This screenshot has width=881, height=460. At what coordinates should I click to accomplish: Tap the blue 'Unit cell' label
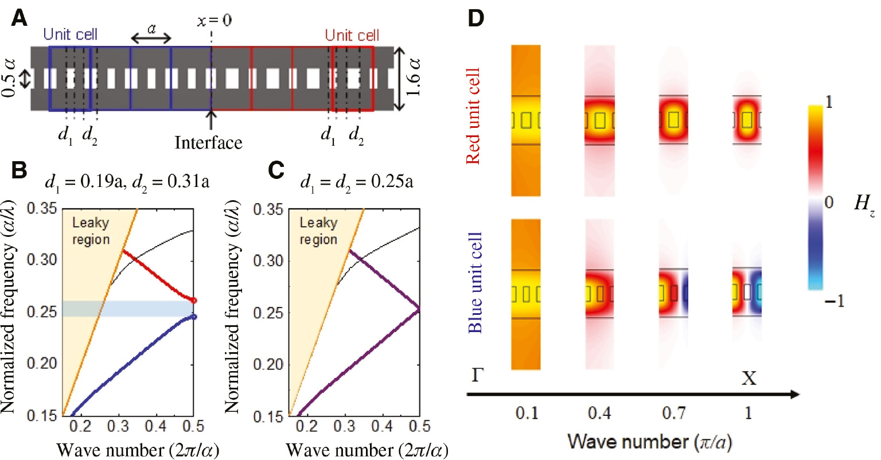71,34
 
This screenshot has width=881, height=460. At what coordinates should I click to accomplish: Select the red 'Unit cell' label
352,35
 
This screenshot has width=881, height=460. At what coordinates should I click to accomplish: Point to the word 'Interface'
208,142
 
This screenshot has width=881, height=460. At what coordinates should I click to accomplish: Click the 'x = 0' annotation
215,21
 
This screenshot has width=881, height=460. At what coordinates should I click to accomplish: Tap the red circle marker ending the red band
194,300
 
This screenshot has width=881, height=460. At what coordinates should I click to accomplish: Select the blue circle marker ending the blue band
194,317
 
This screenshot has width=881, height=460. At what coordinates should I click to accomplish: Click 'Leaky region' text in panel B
91,231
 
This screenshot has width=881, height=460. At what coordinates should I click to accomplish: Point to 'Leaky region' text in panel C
319,231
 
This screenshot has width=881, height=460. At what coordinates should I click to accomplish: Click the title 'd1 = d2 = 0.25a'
356,182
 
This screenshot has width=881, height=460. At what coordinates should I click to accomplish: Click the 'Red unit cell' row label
473,116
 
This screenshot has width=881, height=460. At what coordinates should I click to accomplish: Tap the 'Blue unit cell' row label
475,283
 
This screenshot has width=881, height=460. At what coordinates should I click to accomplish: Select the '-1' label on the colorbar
835,301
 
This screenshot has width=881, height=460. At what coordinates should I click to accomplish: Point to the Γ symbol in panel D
477,376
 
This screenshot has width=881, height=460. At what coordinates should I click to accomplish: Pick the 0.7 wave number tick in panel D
674,413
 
